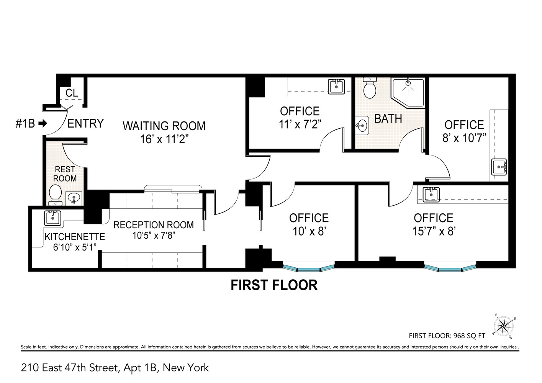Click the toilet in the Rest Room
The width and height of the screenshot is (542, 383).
(56, 195)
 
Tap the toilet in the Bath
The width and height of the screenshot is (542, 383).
(370, 89)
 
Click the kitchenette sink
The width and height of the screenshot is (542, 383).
(52, 218)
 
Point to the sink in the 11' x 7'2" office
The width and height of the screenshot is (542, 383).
(336, 87)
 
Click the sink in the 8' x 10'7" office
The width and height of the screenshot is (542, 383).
(499, 167)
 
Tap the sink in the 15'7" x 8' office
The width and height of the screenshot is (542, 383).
(431, 194)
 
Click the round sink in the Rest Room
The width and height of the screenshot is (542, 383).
(74, 198)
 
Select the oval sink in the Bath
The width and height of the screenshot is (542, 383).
(362, 125)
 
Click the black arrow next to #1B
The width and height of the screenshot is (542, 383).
(43, 124)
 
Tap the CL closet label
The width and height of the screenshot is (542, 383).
(72, 93)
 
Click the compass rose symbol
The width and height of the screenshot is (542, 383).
(503, 327)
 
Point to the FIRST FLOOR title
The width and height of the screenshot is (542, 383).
(274, 285)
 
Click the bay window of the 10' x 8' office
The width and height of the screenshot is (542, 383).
(308, 267)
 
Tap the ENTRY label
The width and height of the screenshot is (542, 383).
(85, 123)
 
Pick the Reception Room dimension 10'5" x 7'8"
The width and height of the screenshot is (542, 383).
(153, 236)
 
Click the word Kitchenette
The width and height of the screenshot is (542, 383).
(75, 237)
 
